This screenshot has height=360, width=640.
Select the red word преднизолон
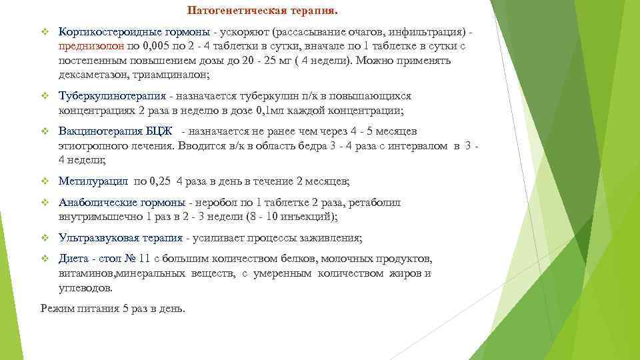tap(89, 46)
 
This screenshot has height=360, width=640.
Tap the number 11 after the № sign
tap(147, 259)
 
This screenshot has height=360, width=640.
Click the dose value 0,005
tap(159, 46)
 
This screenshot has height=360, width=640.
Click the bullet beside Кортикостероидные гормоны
tap(45, 31)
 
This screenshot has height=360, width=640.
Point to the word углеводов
tap(85, 288)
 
